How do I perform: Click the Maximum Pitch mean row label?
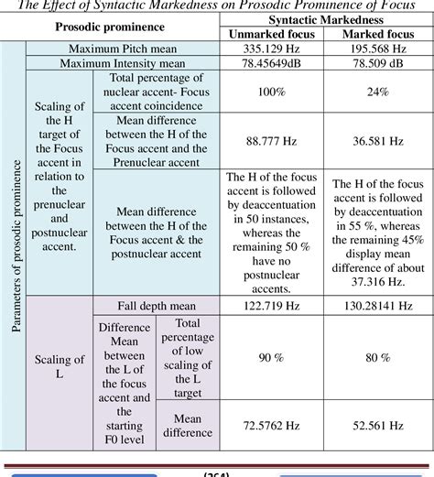tap(127, 48)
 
